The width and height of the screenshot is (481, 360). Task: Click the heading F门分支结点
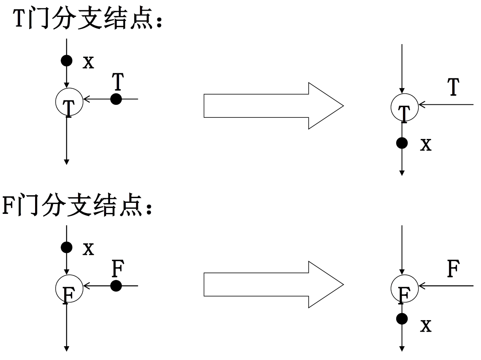pyautogui.click(x=77, y=206)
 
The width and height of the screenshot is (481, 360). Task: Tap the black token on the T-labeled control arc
pyautogui.click(x=116, y=99)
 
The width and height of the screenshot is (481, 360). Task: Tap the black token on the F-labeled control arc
pyautogui.click(x=116, y=286)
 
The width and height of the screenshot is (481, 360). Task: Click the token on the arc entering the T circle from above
pyautogui.click(x=67, y=61)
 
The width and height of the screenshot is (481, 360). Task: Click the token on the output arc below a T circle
pyautogui.click(x=402, y=143)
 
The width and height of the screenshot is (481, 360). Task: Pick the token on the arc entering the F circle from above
pyautogui.click(x=67, y=247)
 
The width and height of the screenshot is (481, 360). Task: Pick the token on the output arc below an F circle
pyautogui.click(x=402, y=319)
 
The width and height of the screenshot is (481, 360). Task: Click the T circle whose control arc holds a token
pyautogui.click(x=69, y=102)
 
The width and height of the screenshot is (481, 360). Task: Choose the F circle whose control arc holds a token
pyautogui.click(x=69, y=288)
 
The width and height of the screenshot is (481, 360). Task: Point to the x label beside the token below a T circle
pyautogui.click(x=426, y=145)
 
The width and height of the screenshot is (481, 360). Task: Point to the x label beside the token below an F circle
pyautogui.click(x=426, y=326)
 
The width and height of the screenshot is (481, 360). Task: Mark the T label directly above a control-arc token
pyautogui.click(x=117, y=82)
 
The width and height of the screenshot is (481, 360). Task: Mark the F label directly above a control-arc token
pyautogui.click(x=118, y=269)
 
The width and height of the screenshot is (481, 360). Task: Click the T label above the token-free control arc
pyautogui.click(x=454, y=87)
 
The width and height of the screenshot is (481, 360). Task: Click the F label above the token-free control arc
pyautogui.click(x=454, y=269)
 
